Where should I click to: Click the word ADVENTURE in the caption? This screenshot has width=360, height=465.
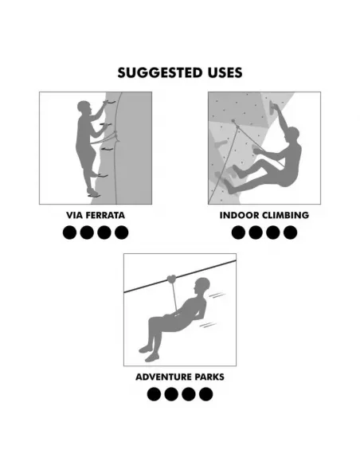[x=163, y=377]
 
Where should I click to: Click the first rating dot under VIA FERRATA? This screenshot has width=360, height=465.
[x=69, y=232]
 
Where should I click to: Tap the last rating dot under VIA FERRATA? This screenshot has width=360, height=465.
[x=121, y=232]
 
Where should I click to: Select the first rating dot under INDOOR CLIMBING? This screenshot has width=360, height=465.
[x=238, y=232]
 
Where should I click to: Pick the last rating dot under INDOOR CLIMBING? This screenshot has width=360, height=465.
[x=290, y=232]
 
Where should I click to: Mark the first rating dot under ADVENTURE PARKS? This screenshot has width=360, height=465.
[x=154, y=394]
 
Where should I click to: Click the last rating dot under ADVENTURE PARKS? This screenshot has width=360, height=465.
[x=205, y=394]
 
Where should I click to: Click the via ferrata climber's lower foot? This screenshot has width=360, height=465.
[x=93, y=193]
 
